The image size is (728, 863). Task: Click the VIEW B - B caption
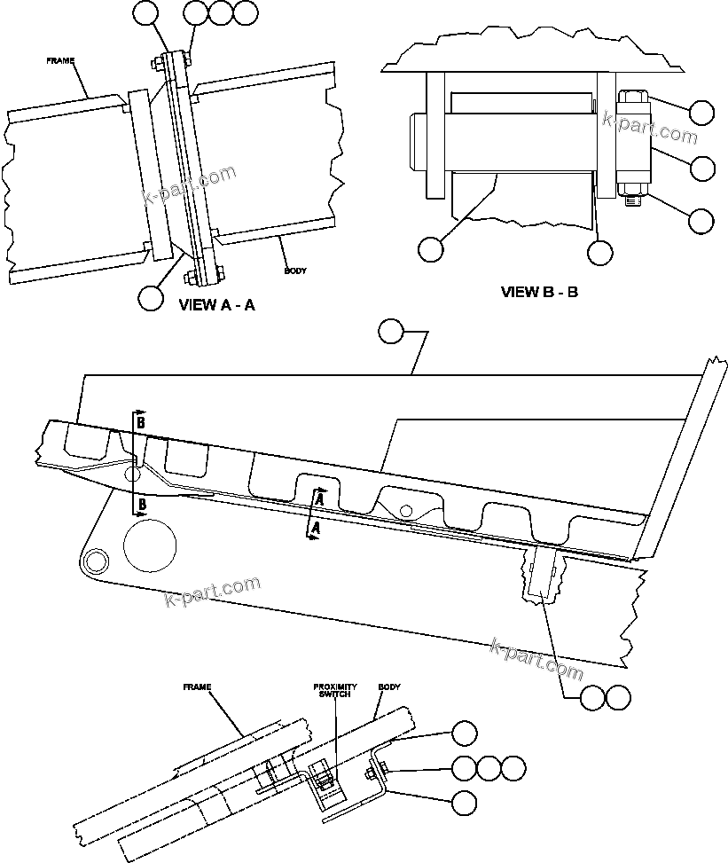tap(539, 291)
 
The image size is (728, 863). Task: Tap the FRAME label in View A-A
tap(60, 61)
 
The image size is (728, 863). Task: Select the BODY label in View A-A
tap(295, 271)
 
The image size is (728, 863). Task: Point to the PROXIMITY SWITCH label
tap(335, 690)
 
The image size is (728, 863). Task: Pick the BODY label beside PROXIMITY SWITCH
tap(389, 686)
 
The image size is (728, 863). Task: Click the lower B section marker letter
tap(140, 506)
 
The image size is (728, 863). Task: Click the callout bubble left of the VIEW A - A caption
tap(151, 296)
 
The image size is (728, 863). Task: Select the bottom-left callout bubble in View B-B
tap(431, 249)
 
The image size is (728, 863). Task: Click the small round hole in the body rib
tap(404, 509)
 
